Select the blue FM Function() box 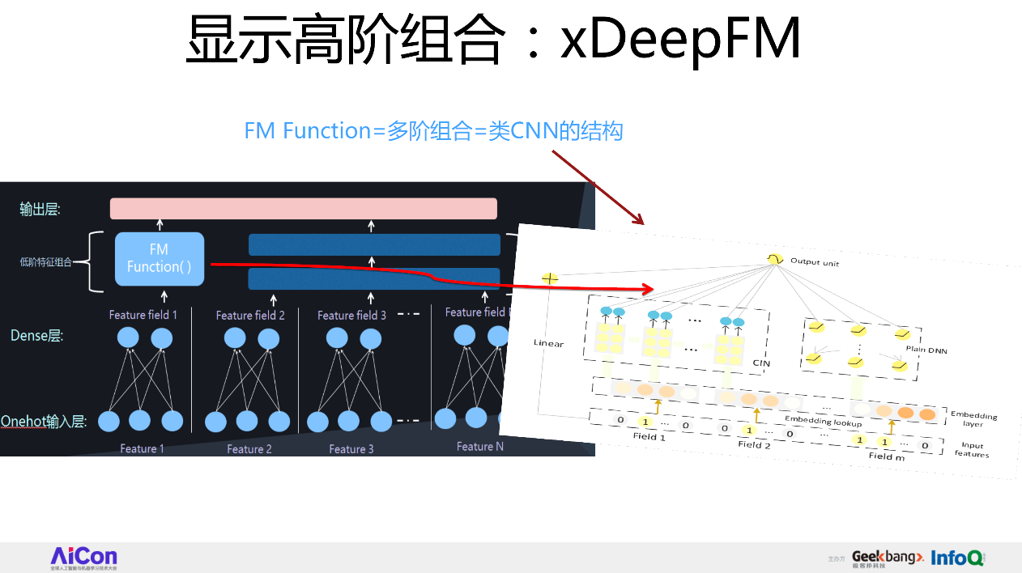point(160,259)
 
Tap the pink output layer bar point(303,208)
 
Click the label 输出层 point(40,209)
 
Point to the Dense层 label point(36,335)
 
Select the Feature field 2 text point(250,316)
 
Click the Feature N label point(480,447)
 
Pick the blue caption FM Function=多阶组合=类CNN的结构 point(433,130)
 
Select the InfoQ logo point(957,558)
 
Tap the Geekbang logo point(887,558)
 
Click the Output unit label point(814,262)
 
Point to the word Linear point(547,343)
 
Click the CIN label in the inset point(760,363)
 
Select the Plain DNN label point(926,350)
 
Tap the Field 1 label point(649,437)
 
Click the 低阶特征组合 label point(46,261)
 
